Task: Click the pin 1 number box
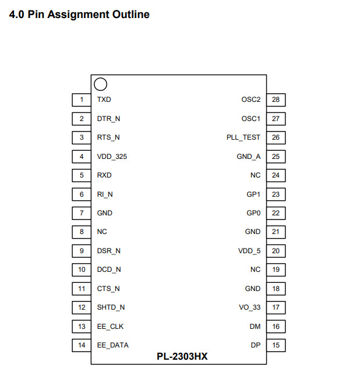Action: pyautogui.click(x=82, y=100)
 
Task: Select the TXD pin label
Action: pyautogui.click(x=104, y=100)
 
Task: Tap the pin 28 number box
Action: pyautogui.click(x=276, y=100)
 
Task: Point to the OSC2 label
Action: pyautogui.click(x=251, y=100)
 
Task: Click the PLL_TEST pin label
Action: pyautogui.click(x=243, y=137)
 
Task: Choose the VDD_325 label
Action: pyautogui.click(x=112, y=156)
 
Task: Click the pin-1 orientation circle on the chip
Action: pyautogui.click(x=100, y=84)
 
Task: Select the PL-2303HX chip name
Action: pyautogui.click(x=182, y=356)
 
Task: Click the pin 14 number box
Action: pyautogui.click(x=82, y=345)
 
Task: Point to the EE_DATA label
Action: pyautogui.click(x=112, y=345)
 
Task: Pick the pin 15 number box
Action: pyautogui.click(x=276, y=345)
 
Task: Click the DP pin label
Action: pyautogui.click(x=255, y=345)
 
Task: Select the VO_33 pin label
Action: pyautogui.click(x=250, y=307)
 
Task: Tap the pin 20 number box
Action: pyautogui.click(x=276, y=251)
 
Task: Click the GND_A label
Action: pyautogui.click(x=249, y=156)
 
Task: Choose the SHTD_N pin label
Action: pyautogui.click(x=111, y=307)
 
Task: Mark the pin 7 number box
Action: pyautogui.click(x=82, y=213)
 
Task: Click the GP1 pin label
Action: pyautogui.click(x=253, y=194)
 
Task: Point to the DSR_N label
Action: pyautogui.click(x=109, y=251)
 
